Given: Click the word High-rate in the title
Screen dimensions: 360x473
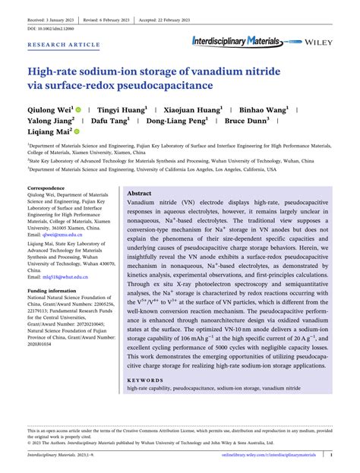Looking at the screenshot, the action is coord(55,72).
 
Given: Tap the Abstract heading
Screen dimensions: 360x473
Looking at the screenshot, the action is coord(141,194).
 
